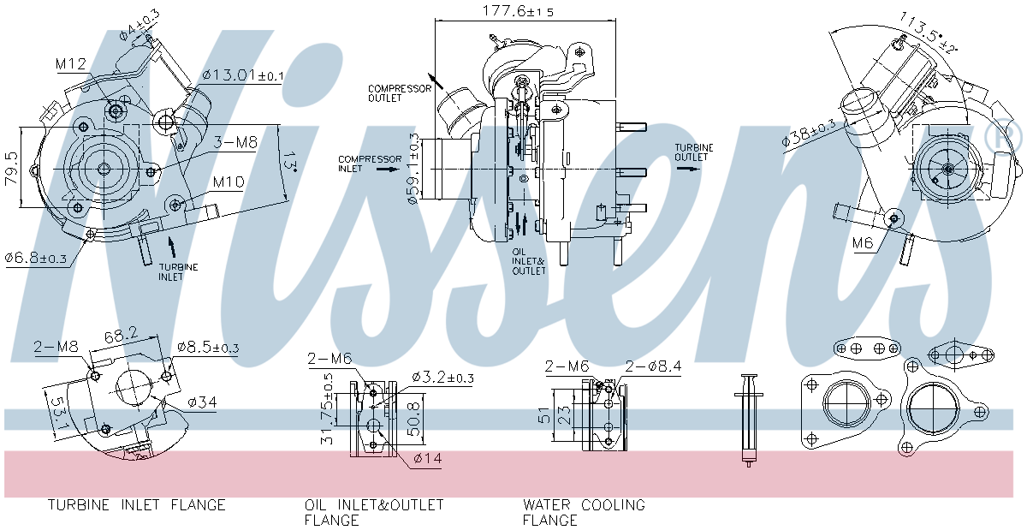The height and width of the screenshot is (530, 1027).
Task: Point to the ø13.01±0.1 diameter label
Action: pyautogui.click(x=243, y=75)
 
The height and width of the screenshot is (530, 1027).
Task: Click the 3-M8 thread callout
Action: pyautogui.click(x=234, y=143)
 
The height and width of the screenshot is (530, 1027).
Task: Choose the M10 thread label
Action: pyautogui.click(x=229, y=182)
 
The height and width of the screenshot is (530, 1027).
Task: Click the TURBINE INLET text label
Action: pyautogui.click(x=178, y=272)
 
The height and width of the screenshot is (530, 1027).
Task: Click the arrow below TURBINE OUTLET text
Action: pyautogui.click(x=686, y=169)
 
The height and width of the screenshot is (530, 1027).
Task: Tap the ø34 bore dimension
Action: pyautogui.click(x=202, y=401)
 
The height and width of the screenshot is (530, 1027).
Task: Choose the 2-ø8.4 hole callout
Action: pyautogui.click(x=653, y=366)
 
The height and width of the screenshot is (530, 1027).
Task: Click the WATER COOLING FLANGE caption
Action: pyautogui.click(x=584, y=512)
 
